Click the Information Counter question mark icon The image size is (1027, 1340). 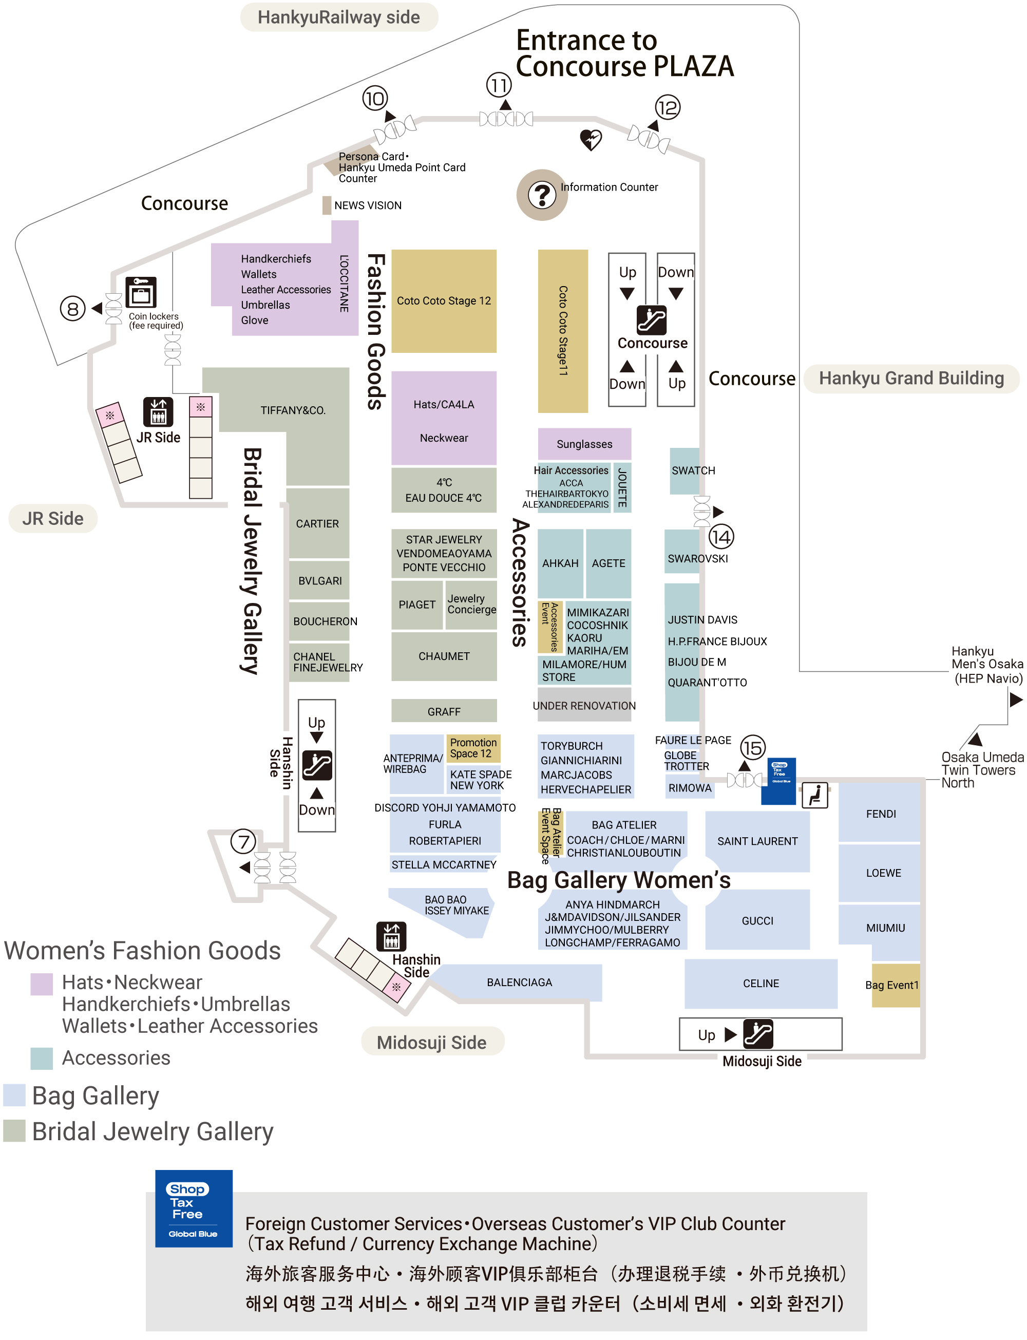(542, 195)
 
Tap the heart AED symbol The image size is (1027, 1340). (591, 139)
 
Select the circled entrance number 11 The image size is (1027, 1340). (499, 85)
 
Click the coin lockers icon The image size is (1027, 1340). (141, 292)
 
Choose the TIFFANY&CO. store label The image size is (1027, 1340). (293, 410)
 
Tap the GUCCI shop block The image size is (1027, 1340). (757, 920)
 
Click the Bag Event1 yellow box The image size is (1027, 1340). (895, 985)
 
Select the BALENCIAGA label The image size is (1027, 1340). (519, 983)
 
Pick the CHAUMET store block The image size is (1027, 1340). (444, 656)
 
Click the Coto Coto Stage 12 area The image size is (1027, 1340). (444, 301)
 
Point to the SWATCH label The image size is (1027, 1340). (693, 470)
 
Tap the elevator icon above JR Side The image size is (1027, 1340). (158, 411)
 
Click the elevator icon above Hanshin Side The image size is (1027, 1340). (391, 936)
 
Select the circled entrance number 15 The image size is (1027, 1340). (752, 748)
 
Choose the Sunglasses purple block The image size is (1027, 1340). (584, 444)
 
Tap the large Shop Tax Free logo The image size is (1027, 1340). (193, 1209)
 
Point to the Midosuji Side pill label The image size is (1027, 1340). (431, 1042)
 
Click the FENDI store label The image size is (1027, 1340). (880, 814)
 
